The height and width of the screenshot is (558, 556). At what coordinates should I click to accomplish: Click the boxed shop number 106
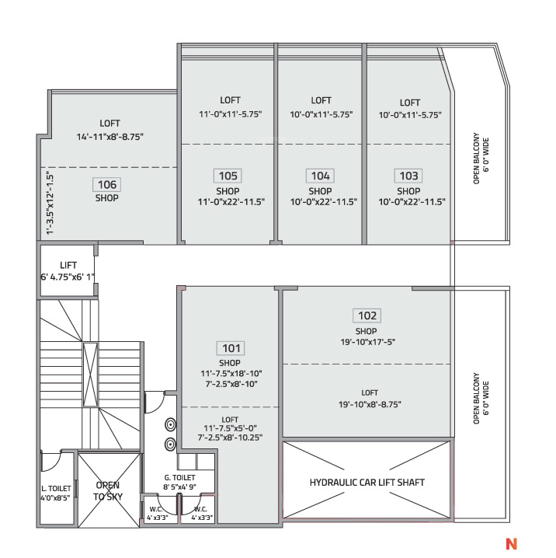[x=107, y=184]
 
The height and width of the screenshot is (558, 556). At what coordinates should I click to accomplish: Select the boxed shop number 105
[x=228, y=176]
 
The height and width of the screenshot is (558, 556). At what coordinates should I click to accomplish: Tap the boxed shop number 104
[x=320, y=176]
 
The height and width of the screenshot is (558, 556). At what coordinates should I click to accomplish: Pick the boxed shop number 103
[x=408, y=176]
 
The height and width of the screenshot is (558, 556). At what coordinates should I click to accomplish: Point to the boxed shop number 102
[x=367, y=316]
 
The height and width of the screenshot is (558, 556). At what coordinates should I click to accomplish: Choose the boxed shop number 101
[x=231, y=348]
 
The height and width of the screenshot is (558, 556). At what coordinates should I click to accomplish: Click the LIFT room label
[x=68, y=265]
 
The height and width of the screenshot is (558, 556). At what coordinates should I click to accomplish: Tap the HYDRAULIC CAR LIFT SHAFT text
[x=367, y=483]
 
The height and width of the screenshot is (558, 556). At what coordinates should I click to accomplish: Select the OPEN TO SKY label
[x=108, y=490]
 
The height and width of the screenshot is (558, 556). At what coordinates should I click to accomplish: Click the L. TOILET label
[x=56, y=489]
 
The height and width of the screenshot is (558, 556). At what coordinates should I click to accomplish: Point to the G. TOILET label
[x=179, y=478]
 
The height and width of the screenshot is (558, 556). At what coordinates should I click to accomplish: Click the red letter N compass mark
[x=511, y=543]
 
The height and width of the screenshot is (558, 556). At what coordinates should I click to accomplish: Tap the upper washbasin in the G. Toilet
[x=171, y=425]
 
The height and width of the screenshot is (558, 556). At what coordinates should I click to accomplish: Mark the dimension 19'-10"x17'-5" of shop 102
[x=368, y=342]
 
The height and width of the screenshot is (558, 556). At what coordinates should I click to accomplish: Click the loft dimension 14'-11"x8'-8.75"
[x=109, y=137]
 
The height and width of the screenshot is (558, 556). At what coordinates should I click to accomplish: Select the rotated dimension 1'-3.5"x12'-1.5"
[x=50, y=203]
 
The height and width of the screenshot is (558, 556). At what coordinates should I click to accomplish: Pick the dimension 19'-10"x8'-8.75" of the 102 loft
[x=370, y=404]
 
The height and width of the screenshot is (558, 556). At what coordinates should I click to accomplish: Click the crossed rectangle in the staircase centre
[x=90, y=375]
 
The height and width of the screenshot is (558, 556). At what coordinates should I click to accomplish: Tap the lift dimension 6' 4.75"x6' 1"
[x=68, y=277]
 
